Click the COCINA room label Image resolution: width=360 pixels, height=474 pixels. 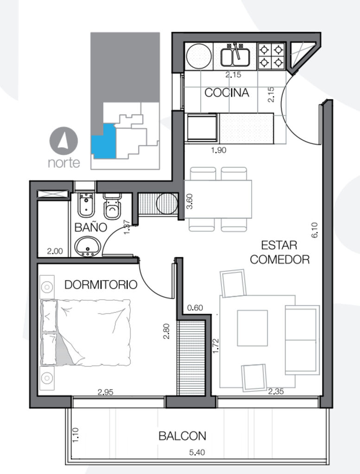point(227,93)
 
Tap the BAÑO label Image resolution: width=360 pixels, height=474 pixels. point(91,227)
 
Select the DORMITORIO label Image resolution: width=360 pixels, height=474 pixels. point(101,285)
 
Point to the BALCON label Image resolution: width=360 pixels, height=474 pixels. point(183,436)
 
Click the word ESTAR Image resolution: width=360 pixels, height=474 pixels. point(279,245)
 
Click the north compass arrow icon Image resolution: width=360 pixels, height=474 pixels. point(63,141)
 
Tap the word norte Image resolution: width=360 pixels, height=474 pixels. point(64,163)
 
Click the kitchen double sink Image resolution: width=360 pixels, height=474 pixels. point(235,57)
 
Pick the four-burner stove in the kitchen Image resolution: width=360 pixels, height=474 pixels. point(272,56)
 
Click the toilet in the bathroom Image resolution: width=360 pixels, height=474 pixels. point(112,206)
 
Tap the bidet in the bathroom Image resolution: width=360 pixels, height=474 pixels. point(86,205)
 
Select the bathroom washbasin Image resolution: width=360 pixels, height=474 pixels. point(88,246)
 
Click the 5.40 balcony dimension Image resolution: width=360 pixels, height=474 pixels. point(197,453)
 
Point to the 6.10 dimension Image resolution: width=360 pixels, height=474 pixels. point(315,230)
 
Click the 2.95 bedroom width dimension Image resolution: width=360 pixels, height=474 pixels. point(105,392)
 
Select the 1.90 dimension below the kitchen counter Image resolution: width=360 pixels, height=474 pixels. point(218,150)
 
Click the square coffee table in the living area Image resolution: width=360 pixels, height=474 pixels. point(253,328)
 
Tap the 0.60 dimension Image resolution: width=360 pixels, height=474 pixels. point(195,308)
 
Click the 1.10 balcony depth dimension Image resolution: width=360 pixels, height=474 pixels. point(76,435)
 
